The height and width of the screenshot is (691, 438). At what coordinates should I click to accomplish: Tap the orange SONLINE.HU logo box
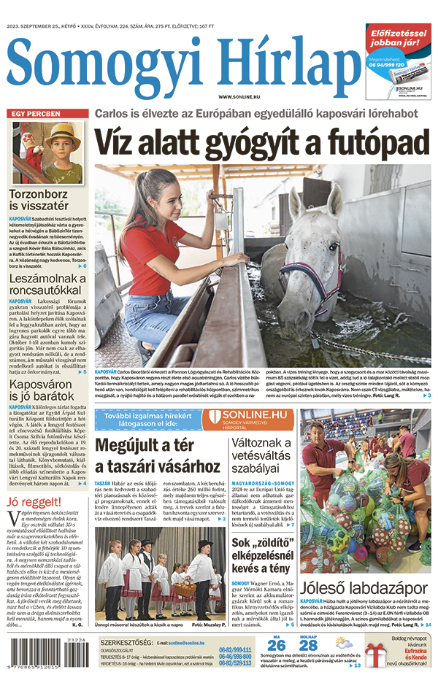(x=247, y=419)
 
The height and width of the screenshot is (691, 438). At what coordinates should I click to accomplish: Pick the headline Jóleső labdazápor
(x=364, y=587)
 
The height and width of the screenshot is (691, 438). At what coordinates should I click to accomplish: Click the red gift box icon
(x=376, y=651)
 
